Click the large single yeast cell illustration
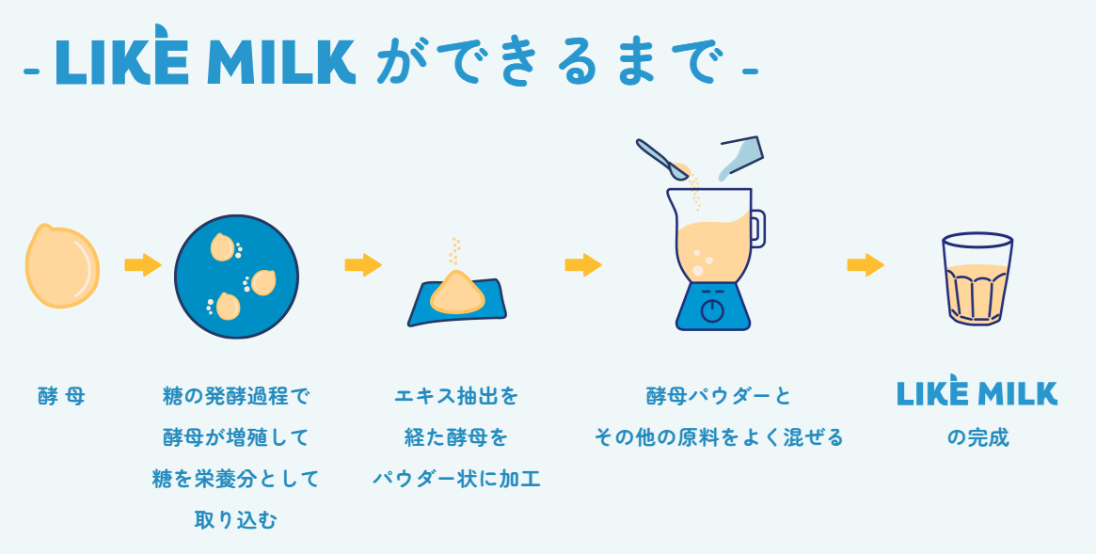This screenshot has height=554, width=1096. (x=62, y=266)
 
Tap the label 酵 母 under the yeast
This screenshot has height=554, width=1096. (x=61, y=396)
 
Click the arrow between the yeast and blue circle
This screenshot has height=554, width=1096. (x=143, y=265)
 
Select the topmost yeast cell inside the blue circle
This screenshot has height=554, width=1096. (x=222, y=247)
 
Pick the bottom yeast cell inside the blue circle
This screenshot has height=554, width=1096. (x=227, y=306)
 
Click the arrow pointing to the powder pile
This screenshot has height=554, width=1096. (x=363, y=265)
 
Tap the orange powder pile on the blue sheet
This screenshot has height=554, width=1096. (x=457, y=292)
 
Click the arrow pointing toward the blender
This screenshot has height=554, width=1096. (x=583, y=265)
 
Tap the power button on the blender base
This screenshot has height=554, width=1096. (x=712, y=310)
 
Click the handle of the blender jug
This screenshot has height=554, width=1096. (x=757, y=229)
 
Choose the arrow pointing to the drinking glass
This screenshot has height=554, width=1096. (x=866, y=265)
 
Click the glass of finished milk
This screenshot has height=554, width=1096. (x=977, y=278)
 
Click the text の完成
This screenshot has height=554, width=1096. (x=977, y=437)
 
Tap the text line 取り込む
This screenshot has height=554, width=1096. (x=235, y=520)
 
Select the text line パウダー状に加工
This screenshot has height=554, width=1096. (x=456, y=479)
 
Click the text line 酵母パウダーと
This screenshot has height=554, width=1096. (x=719, y=396)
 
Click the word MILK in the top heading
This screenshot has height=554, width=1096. (x=281, y=62)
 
